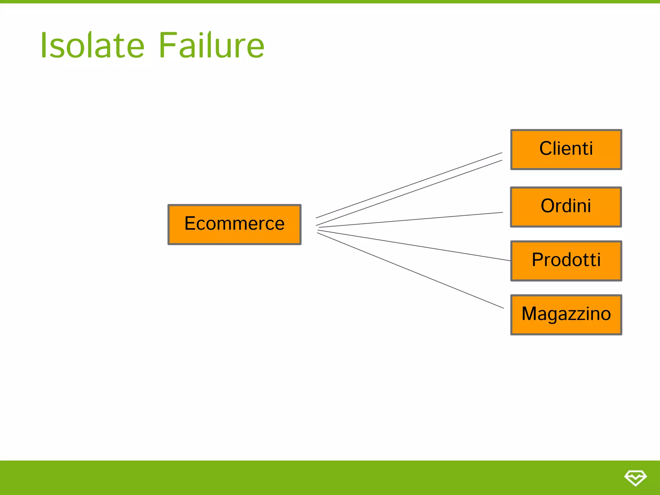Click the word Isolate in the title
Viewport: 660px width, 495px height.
92,45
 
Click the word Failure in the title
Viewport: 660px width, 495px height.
212,45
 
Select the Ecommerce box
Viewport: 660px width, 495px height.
234,225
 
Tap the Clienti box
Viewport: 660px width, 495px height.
566,150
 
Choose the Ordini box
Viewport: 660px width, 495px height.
566,207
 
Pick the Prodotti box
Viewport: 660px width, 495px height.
566,261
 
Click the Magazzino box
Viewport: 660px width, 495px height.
566,315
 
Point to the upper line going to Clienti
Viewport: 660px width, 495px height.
409,185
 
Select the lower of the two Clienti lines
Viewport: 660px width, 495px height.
409,193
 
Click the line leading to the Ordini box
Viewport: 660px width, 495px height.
411,220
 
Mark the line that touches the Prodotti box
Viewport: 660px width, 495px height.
414,245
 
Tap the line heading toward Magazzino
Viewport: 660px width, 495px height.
411,271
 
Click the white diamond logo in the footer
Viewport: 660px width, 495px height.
635,478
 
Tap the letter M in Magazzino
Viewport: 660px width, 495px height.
530,314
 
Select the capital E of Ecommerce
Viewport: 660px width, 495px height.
190,223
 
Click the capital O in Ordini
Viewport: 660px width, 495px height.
548,206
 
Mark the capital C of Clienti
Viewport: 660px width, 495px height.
546,149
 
